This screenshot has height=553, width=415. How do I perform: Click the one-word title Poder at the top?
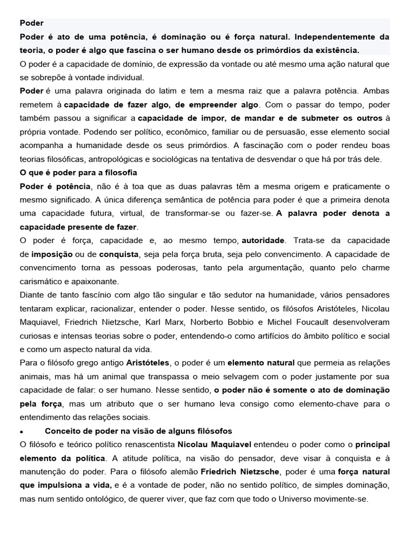click(31, 23)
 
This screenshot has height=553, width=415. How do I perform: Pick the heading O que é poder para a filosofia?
click(78, 172)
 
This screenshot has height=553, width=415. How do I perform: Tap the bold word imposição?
click(51, 253)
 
